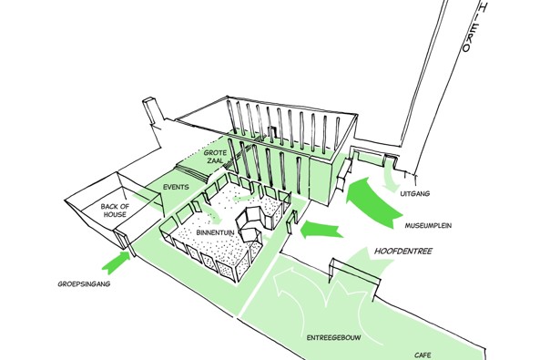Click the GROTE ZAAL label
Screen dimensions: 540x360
[215, 157]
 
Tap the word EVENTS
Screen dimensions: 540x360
[176, 187]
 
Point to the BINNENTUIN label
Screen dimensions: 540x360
[215, 232]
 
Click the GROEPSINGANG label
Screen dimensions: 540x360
[84, 284]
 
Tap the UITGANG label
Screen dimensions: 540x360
[415, 193]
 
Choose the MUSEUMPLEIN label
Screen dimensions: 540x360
[428, 226]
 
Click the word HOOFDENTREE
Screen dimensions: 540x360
[402, 251]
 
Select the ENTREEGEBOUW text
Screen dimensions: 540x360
[333, 337]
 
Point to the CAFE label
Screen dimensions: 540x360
[423, 355]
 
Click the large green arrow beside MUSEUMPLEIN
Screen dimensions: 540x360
[371, 201]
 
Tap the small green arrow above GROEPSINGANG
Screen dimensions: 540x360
[117, 262]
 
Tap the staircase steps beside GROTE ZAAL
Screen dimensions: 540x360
[192, 173]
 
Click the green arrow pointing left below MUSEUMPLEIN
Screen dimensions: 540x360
[321, 230]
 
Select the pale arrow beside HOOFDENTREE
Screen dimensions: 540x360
[367, 263]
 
